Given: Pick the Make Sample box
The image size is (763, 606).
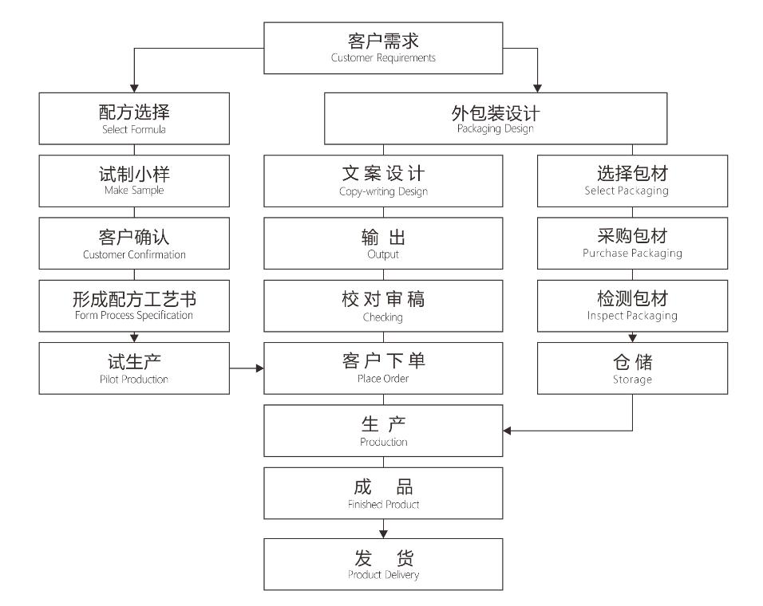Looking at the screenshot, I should pos(134,179).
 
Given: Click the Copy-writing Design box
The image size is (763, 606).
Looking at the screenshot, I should pos(384,179).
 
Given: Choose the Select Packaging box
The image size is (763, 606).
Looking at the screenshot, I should pos(633,179).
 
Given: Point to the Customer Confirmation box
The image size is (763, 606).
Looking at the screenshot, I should pos(134,242).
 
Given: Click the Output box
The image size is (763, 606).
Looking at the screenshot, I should pos(384,242).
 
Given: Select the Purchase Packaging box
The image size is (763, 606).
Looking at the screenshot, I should pos(633,242).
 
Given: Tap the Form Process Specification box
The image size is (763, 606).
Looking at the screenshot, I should pos(134,305).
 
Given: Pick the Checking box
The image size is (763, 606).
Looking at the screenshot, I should pos(384,305).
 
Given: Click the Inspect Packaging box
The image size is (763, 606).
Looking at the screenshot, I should pos(633,305).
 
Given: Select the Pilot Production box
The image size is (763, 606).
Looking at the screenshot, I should pos(134,368).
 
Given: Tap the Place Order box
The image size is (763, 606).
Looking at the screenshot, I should pos(384,368).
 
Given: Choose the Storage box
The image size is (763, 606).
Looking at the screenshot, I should pos(633,368).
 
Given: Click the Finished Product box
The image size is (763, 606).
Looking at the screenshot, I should pos(384,493).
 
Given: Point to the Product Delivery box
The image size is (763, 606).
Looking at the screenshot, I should pos(384,564).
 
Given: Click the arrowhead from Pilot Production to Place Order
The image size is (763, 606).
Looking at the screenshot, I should pos(259,368).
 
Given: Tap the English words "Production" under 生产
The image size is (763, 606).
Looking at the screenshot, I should pos(384,442).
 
